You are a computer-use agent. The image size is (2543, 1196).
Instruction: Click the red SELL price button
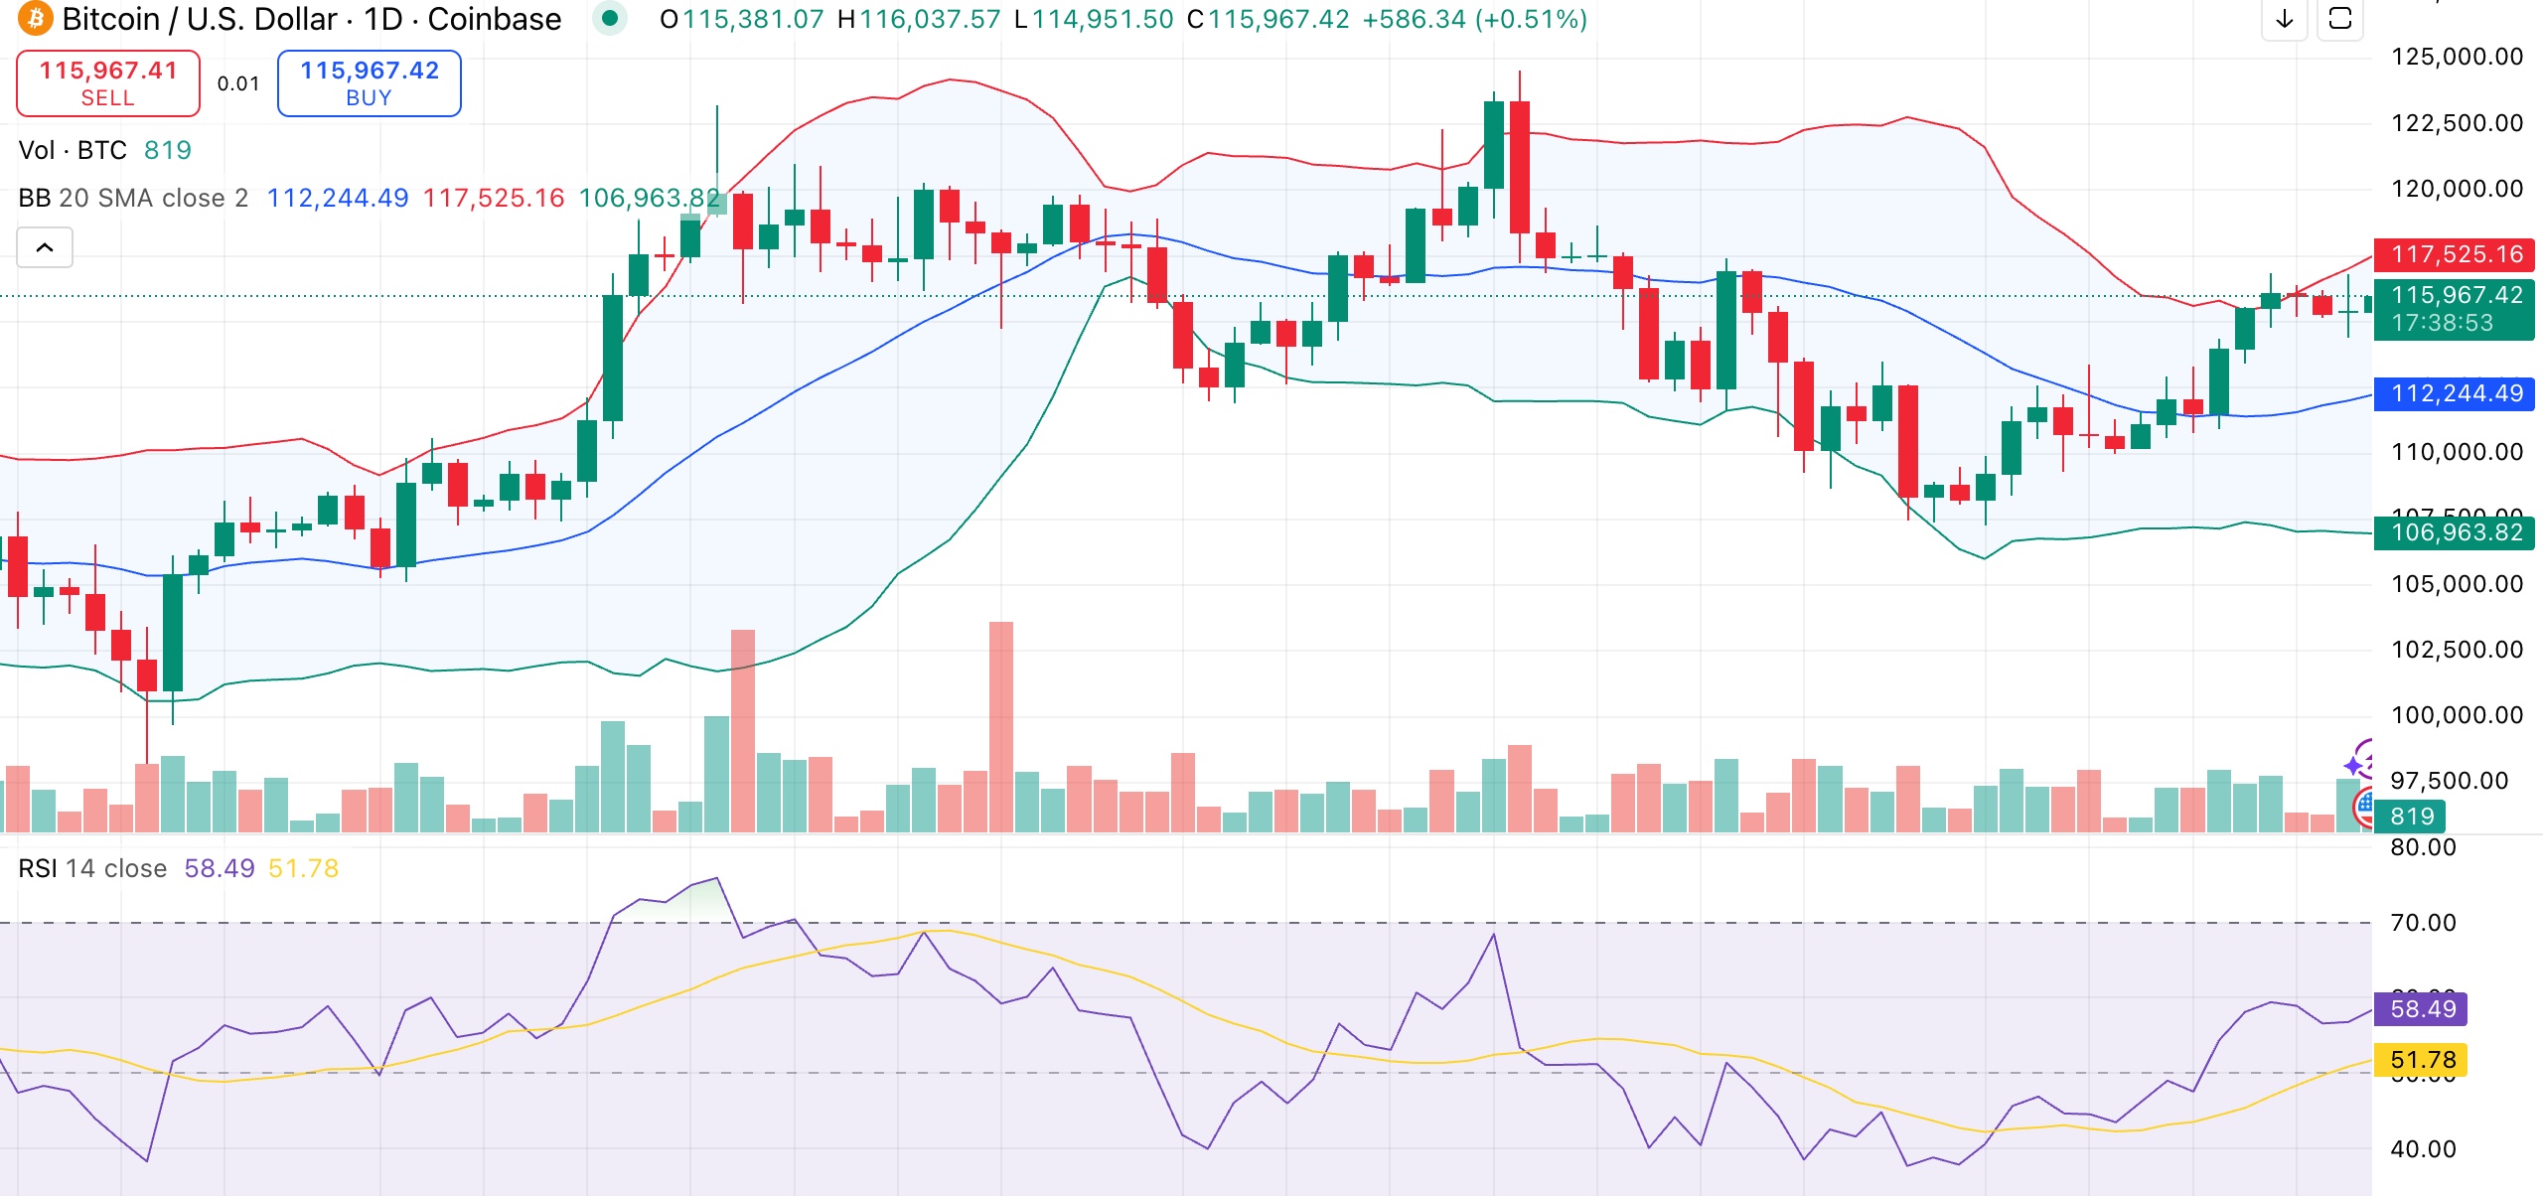tap(107, 83)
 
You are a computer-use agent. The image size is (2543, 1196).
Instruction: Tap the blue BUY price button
tap(369, 83)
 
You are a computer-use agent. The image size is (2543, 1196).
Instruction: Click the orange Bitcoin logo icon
tap(35, 18)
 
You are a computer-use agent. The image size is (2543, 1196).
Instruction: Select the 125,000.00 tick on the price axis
tap(2457, 57)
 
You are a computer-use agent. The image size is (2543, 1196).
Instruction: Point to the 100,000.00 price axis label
tap(2457, 715)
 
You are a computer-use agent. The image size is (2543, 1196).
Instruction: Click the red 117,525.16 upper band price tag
tap(2455, 254)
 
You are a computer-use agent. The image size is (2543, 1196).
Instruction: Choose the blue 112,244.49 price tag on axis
tap(2455, 393)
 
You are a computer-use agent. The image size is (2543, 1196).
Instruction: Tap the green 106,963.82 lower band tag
tap(2455, 532)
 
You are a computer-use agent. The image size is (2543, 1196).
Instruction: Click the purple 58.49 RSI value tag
tap(2421, 1009)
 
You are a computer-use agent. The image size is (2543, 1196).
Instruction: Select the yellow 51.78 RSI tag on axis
tap(2421, 1060)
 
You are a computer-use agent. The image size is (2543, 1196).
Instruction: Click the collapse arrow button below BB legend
tap(45, 247)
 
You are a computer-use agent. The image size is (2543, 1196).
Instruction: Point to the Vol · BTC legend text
tap(73, 150)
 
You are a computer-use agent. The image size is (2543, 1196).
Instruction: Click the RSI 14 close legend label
tap(92, 868)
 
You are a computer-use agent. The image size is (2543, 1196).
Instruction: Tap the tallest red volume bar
tap(1000, 725)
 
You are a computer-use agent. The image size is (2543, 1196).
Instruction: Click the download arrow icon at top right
tap(2285, 18)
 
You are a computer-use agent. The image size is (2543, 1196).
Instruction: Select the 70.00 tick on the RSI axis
tap(2423, 923)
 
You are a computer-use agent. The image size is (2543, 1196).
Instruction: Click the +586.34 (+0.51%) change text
tap(1474, 19)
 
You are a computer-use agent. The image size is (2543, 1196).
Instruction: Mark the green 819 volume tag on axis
tap(2411, 817)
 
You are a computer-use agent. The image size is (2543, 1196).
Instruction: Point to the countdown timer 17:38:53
tap(2442, 323)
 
